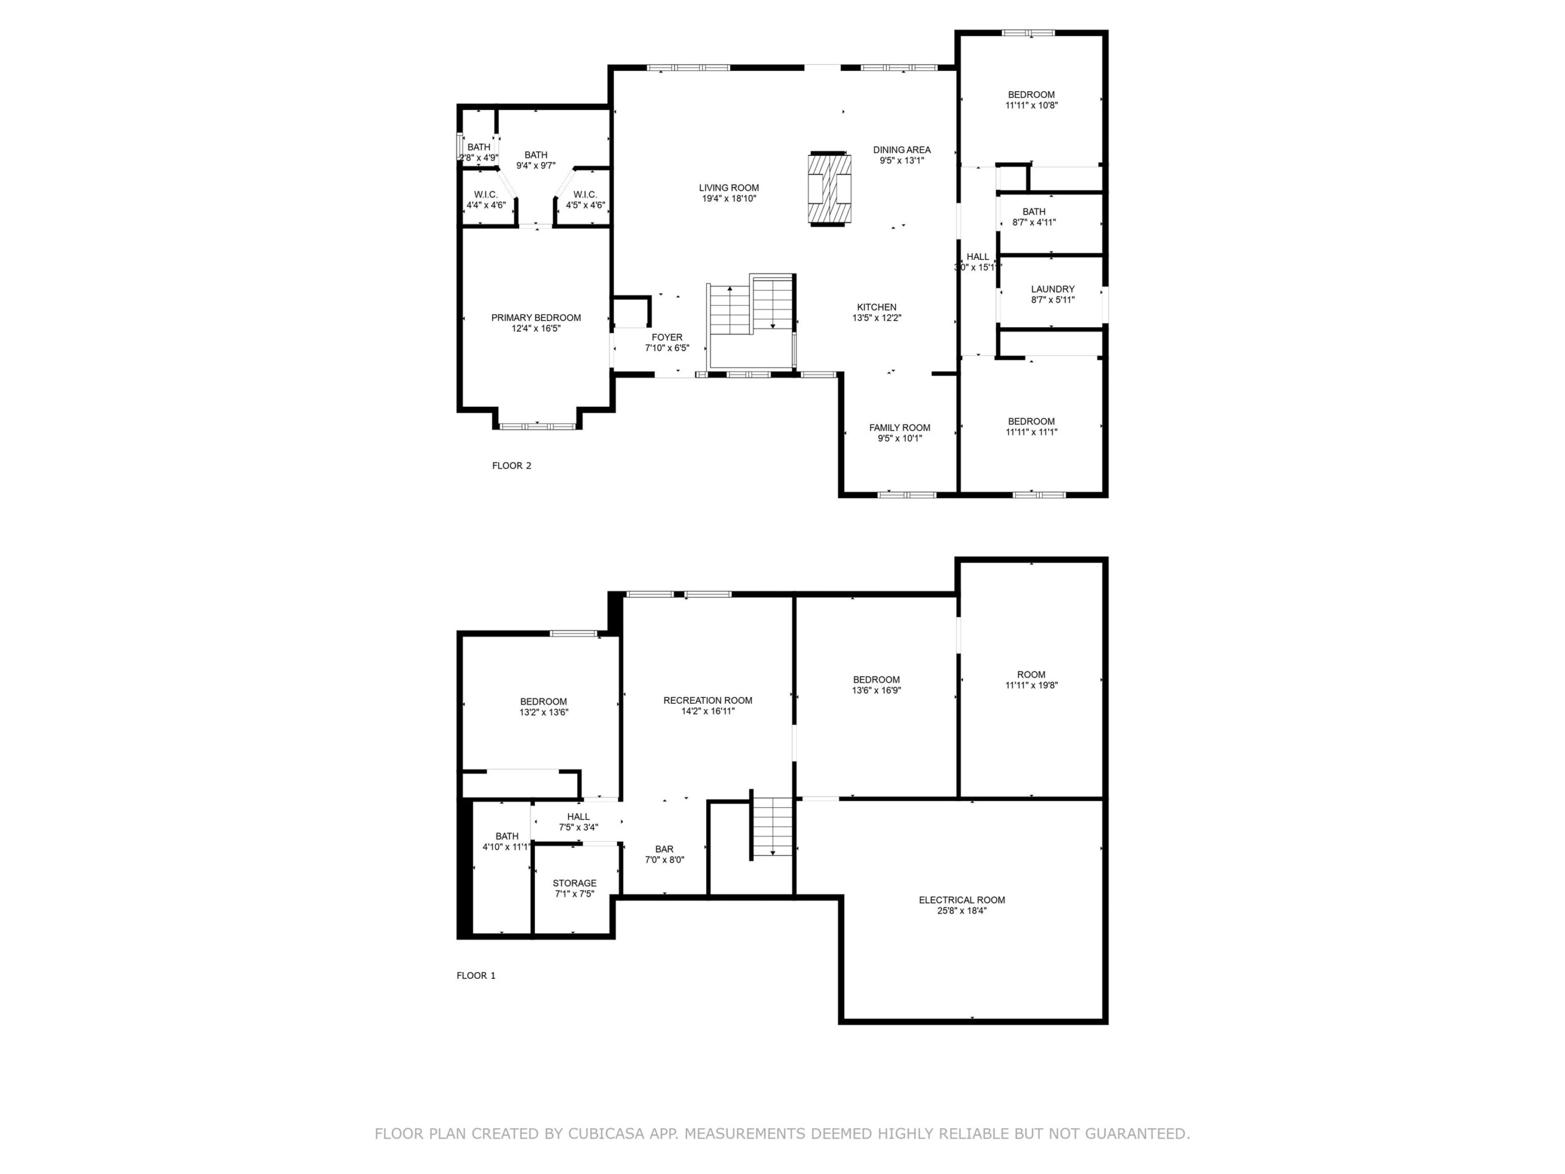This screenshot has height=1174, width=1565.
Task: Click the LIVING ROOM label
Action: tap(729, 188)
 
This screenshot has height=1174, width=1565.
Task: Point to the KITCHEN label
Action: tap(877, 307)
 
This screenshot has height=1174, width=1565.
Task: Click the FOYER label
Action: tap(667, 338)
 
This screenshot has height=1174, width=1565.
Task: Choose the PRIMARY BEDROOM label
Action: tap(536, 318)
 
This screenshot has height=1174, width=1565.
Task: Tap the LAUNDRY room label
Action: tap(1053, 289)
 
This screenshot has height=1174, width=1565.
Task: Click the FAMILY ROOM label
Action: tap(900, 427)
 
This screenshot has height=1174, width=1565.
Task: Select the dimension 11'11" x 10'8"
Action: tap(1031, 105)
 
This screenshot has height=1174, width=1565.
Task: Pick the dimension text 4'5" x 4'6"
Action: tap(585, 205)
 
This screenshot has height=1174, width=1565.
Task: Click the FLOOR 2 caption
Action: tap(512, 466)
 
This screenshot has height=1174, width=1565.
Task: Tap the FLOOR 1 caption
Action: tap(476, 975)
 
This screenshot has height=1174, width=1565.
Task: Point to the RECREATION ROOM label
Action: tap(707, 701)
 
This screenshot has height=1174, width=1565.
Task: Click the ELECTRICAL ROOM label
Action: tap(962, 900)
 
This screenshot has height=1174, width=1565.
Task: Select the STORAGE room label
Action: tap(575, 883)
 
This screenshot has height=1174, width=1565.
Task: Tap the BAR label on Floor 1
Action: tap(665, 849)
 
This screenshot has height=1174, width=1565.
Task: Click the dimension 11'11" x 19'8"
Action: tap(1031, 685)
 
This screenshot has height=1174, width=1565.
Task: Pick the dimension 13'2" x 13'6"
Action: tap(544, 712)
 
